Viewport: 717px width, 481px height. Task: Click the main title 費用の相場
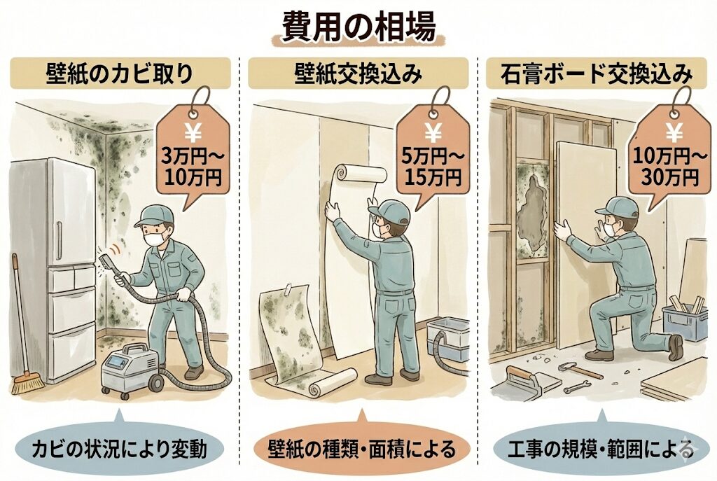358,27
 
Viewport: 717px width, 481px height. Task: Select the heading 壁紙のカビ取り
120,73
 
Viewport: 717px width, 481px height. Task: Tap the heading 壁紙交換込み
358,73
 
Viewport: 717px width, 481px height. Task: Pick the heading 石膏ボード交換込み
597,73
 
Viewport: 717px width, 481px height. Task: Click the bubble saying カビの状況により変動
120,448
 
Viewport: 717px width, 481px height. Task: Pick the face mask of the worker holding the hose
156,238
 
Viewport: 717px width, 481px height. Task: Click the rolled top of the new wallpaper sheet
361,174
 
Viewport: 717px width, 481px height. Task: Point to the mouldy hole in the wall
533,209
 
